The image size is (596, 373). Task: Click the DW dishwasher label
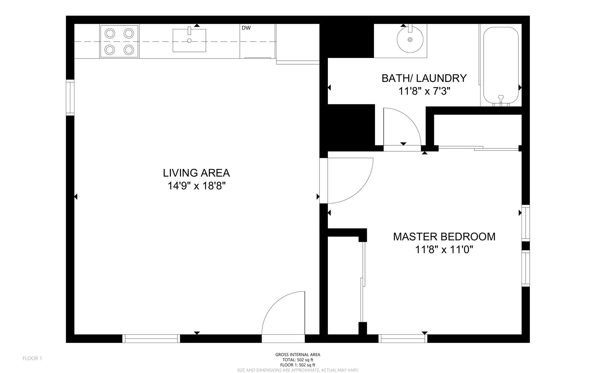(x=246, y=28)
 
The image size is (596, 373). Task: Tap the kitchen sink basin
(x=189, y=40)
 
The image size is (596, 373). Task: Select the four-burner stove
(x=119, y=41)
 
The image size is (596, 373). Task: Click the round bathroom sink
(x=410, y=39)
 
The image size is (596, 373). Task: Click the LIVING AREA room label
(x=196, y=173)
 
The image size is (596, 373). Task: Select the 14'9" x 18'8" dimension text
(x=196, y=186)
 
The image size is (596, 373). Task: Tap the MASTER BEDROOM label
(x=444, y=237)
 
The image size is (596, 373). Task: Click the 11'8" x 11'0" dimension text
(x=444, y=249)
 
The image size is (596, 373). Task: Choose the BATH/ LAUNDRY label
(x=424, y=78)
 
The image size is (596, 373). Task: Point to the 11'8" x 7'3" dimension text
(x=424, y=91)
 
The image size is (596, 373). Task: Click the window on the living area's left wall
(x=70, y=97)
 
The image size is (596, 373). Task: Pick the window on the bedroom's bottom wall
(x=403, y=338)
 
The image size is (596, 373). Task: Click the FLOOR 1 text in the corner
(x=32, y=358)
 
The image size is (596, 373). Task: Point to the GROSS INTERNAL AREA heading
(x=298, y=355)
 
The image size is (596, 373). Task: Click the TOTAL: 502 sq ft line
(x=298, y=360)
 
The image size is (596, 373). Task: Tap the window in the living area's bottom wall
(x=151, y=338)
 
